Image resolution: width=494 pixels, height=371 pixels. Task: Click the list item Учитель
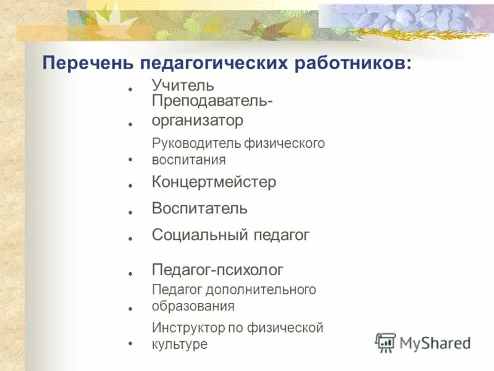point(183,85)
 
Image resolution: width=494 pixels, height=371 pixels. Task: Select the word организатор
point(198,119)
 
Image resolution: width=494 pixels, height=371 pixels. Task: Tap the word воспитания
point(188,160)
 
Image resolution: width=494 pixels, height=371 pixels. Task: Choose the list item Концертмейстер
point(214,182)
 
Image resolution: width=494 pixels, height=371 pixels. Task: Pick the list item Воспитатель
point(199,208)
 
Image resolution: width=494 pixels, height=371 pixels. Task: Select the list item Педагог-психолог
point(217,270)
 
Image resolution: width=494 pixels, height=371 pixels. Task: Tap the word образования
point(193,305)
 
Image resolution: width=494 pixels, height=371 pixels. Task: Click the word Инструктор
point(188,328)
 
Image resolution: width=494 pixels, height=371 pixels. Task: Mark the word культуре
point(179,344)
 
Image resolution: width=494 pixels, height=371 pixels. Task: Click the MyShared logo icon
point(386,342)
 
